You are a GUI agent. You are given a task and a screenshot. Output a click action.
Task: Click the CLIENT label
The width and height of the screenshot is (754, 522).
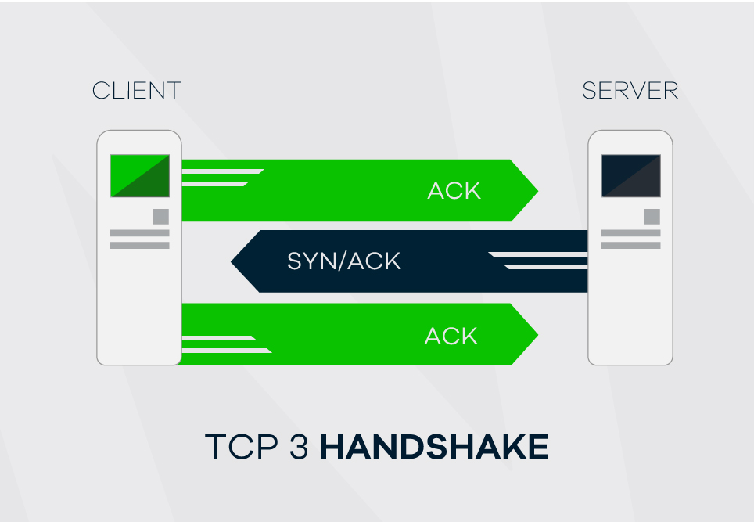tap(137, 91)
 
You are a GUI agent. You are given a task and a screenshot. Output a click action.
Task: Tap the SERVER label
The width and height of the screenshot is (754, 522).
tap(630, 91)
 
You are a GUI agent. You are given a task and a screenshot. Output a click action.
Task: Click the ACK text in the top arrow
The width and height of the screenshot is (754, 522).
tap(454, 191)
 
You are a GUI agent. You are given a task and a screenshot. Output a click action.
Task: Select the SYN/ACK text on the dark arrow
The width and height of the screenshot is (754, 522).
tap(344, 261)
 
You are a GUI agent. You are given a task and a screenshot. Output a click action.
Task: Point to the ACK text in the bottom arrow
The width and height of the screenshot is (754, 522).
tap(451, 336)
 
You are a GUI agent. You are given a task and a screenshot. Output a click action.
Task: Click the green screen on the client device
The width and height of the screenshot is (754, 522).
tap(140, 175)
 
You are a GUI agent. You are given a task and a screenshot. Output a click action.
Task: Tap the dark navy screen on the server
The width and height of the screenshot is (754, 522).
tap(631, 175)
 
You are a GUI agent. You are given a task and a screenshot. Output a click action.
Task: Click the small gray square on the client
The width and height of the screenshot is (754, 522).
tap(161, 217)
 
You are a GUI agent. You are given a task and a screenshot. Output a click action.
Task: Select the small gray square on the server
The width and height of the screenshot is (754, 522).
tap(652, 217)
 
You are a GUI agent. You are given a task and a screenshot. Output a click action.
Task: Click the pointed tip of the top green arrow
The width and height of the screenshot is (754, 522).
tap(537, 191)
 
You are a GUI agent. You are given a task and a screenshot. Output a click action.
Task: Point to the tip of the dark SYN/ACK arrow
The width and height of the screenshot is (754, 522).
tap(232, 261)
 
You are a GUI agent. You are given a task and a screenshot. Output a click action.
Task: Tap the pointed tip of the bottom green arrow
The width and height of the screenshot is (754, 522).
tap(537, 334)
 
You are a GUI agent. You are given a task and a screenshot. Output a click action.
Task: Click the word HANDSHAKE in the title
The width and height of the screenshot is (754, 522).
tap(434, 447)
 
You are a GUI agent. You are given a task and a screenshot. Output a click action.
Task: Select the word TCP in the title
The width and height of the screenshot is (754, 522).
tap(242, 447)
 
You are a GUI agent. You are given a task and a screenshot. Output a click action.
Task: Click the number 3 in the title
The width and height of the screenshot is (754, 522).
tap(299, 447)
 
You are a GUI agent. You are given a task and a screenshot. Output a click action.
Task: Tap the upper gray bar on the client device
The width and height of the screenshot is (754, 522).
tap(140, 233)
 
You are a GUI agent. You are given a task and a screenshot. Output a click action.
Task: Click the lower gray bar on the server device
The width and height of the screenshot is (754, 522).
tap(631, 246)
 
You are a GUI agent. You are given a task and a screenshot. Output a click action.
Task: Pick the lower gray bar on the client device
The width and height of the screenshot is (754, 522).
tap(140, 246)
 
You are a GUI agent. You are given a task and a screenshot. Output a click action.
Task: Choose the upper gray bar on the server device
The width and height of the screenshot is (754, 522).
tap(631, 233)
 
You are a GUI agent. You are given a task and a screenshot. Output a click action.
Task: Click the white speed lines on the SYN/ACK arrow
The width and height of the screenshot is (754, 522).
tap(538, 261)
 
